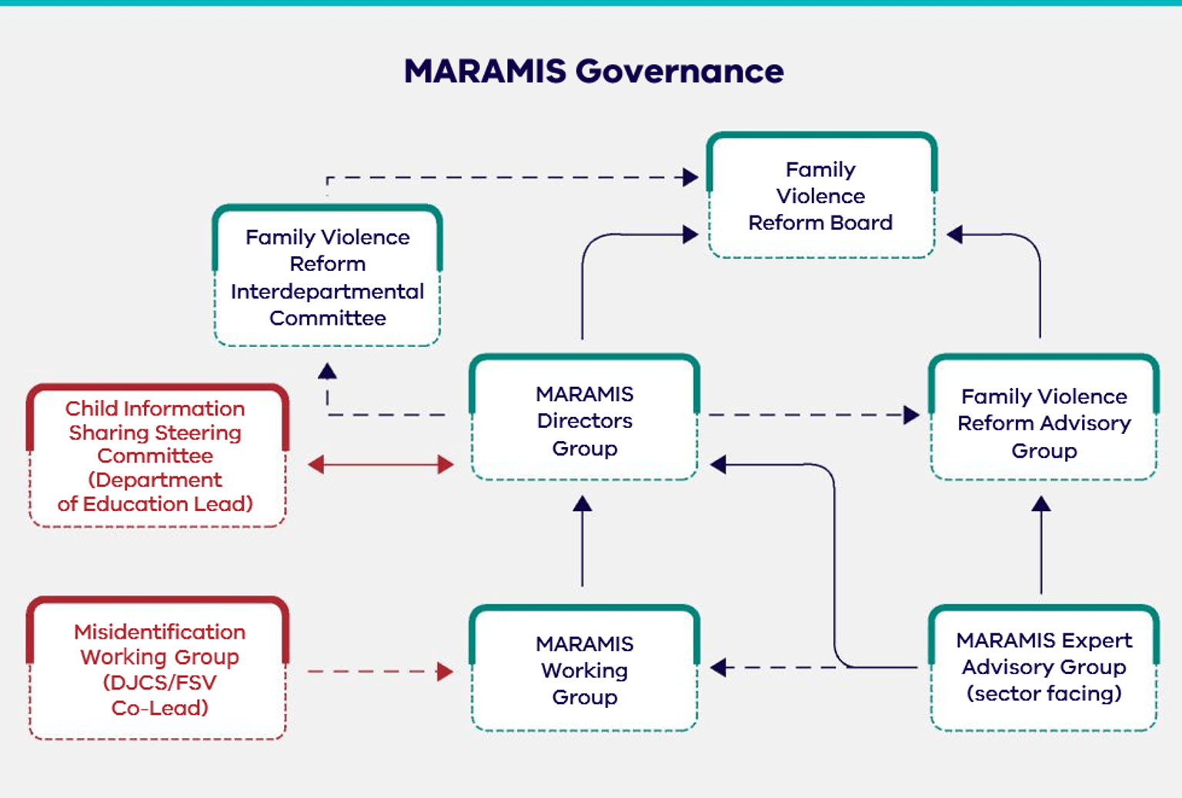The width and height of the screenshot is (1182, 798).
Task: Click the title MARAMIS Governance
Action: pyautogui.click(x=593, y=72)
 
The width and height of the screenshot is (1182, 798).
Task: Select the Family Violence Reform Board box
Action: pyautogui.click(x=820, y=197)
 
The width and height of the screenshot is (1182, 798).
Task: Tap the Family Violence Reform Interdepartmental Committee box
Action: pyautogui.click(x=327, y=278)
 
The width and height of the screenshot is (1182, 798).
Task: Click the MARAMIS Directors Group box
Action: pyautogui.click(x=584, y=420)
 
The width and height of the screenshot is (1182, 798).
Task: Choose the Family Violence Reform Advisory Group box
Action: pyautogui.click(x=1043, y=422)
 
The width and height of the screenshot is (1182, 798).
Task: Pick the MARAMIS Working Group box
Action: pyautogui.click(x=584, y=670)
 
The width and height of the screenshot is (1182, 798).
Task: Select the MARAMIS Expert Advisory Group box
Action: pyautogui.click(x=1043, y=667)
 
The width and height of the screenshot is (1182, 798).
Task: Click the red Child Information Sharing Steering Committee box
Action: pyautogui.click(x=156, y=456)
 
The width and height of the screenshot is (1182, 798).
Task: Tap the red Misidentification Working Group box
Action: pyautogui.click(x=159, y=669)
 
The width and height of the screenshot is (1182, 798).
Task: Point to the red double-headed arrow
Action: pyautogui.click(x=381, y=464)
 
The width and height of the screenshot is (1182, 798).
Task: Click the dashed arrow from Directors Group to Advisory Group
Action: pyautogui.click(x=808, y=415)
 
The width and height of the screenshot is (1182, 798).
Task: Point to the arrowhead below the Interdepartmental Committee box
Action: pyautogui.click(x=328, y=372)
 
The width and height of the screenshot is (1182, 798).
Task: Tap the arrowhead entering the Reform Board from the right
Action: pyautogui.click(x=955, y=235)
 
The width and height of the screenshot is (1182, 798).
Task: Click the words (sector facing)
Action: pyautogui.click(x=1043, y=693)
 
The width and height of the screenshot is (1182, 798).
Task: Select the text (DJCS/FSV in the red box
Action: pyautogui.click(x=159, y=683)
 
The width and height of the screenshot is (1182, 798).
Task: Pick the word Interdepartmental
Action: pyautogui.click(x=327, y=292)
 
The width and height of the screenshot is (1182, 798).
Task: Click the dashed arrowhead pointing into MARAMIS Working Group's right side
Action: pyautogui.click(x=719, y=667)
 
